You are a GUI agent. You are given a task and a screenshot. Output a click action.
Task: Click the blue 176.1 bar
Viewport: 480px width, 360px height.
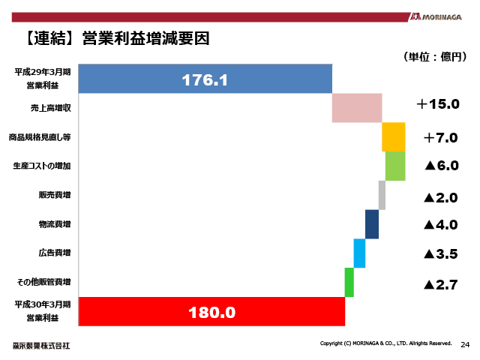pyautogui.click(x=204, y=79)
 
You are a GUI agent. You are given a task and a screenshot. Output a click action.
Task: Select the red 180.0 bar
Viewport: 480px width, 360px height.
pyautogui.click(x=210, y=312)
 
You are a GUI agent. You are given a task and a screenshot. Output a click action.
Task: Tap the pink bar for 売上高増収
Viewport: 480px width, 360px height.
pyautogui.click(x=357, y=107)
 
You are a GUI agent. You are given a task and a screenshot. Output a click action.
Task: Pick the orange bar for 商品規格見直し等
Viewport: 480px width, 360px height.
pyautogui.click(x=394, y=137)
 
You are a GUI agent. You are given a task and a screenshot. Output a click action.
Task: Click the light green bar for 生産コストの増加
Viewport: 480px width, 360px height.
pyautogui.click(x=395, y=166)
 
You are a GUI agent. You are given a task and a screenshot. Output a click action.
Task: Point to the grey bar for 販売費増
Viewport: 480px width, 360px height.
pyautogui.click(x=382, y=195)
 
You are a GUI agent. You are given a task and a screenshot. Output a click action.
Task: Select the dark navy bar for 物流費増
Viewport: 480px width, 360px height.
pyautogui.click(x=372, y=224)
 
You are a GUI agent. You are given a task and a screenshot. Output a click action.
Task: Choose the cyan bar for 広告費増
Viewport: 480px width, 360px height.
pyautogui.click(x=359, y=253)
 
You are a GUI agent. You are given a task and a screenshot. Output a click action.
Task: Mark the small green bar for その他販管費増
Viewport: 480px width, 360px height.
pyautogui.click(x=349, y=282)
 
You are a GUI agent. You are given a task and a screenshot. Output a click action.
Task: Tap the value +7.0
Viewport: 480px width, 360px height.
pyautogui.click(x=440, y=137)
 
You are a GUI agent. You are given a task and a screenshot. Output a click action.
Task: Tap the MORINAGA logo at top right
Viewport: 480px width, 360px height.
pyautogui.click(x=440, y=16)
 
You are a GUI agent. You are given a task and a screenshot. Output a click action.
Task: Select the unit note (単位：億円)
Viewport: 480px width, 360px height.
pyautogui.click(x=434, y=56)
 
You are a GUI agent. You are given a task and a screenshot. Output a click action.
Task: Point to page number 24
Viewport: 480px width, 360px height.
pyautogui.click(x=465, y=344)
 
